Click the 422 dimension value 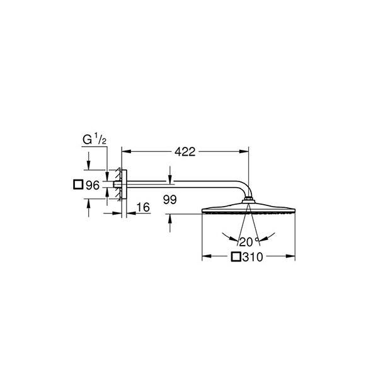pyautogui.click(x=185, y=152)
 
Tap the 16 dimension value pyautogui.click(x=142, y=207)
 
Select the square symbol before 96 pyautogui.click(x=77, y=185)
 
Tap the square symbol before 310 pyautogui.click(x=236, y=256)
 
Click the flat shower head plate pyautogui.click(x=249, y=210)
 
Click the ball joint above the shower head pyautogui.click(x=250, y=201)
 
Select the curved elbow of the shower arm pyautogui.click(x=244, y=189)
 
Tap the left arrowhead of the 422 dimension pyautogui.click(x=125, y=152)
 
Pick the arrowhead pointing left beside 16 pyautogui.click(x=134, y=213)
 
